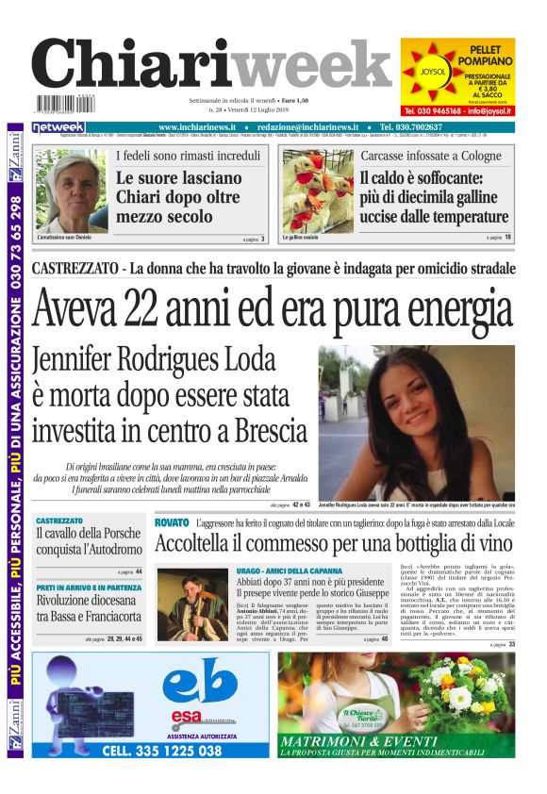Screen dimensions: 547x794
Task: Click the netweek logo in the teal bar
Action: tap(58, 127)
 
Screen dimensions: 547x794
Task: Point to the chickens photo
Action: tap(318, 190)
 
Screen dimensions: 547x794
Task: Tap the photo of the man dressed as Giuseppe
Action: tap(191, 606)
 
